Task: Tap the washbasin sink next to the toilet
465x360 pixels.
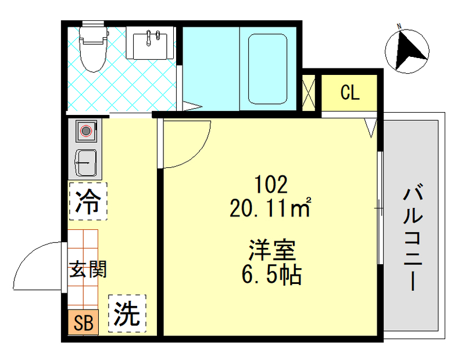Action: pyautogui.click(x=151, y=44)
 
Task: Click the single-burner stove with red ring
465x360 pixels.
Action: pyautogui.click(x=87, y=131)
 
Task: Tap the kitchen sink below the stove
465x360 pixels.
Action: pyautogui.click(x=87, y=162)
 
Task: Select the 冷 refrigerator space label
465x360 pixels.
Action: pyautogui.click(x=88, y=201)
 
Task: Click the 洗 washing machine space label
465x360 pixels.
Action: pyautogui.click(x=127, y=314)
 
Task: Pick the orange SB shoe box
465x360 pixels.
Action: pyautogui.click(x=83, y=323)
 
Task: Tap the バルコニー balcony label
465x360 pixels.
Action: pyautogui.click(x=413, y=238)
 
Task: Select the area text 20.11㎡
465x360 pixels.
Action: pyautogui.click(x=271, y=208)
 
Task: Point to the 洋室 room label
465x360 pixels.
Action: pyautogui.click(x=271, y=251)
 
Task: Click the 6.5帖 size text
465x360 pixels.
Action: pyautogui.click(x=271, y=274)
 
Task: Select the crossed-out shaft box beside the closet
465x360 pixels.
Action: pyautogui.click(x=309, y=92)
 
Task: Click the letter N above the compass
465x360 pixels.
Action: pyautogui.click(x=399, y=26)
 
